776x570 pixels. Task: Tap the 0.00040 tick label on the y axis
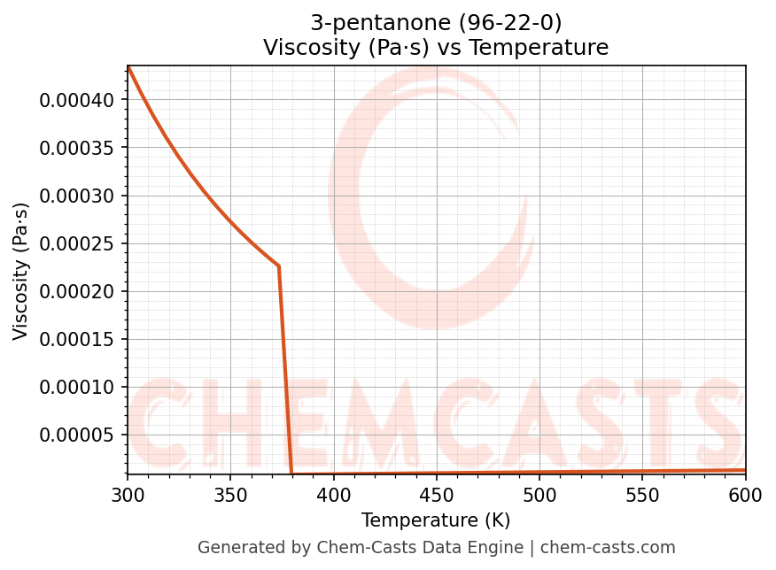[77, 100]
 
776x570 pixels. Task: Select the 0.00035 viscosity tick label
[77, 148]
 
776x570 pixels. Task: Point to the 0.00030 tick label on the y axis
[77, 196]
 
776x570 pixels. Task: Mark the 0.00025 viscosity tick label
[77, 243]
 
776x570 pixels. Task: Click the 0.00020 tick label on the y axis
[77, 291]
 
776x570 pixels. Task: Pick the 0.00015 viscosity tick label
[77, 339]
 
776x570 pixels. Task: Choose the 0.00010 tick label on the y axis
[77, 387]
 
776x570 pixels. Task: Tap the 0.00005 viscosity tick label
[77, 435]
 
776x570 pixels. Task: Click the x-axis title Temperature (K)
[436, 520]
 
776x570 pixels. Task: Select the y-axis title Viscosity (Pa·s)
[21, 271]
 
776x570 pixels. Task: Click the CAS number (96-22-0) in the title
[510, 22]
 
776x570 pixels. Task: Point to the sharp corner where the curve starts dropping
[279, 266]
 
